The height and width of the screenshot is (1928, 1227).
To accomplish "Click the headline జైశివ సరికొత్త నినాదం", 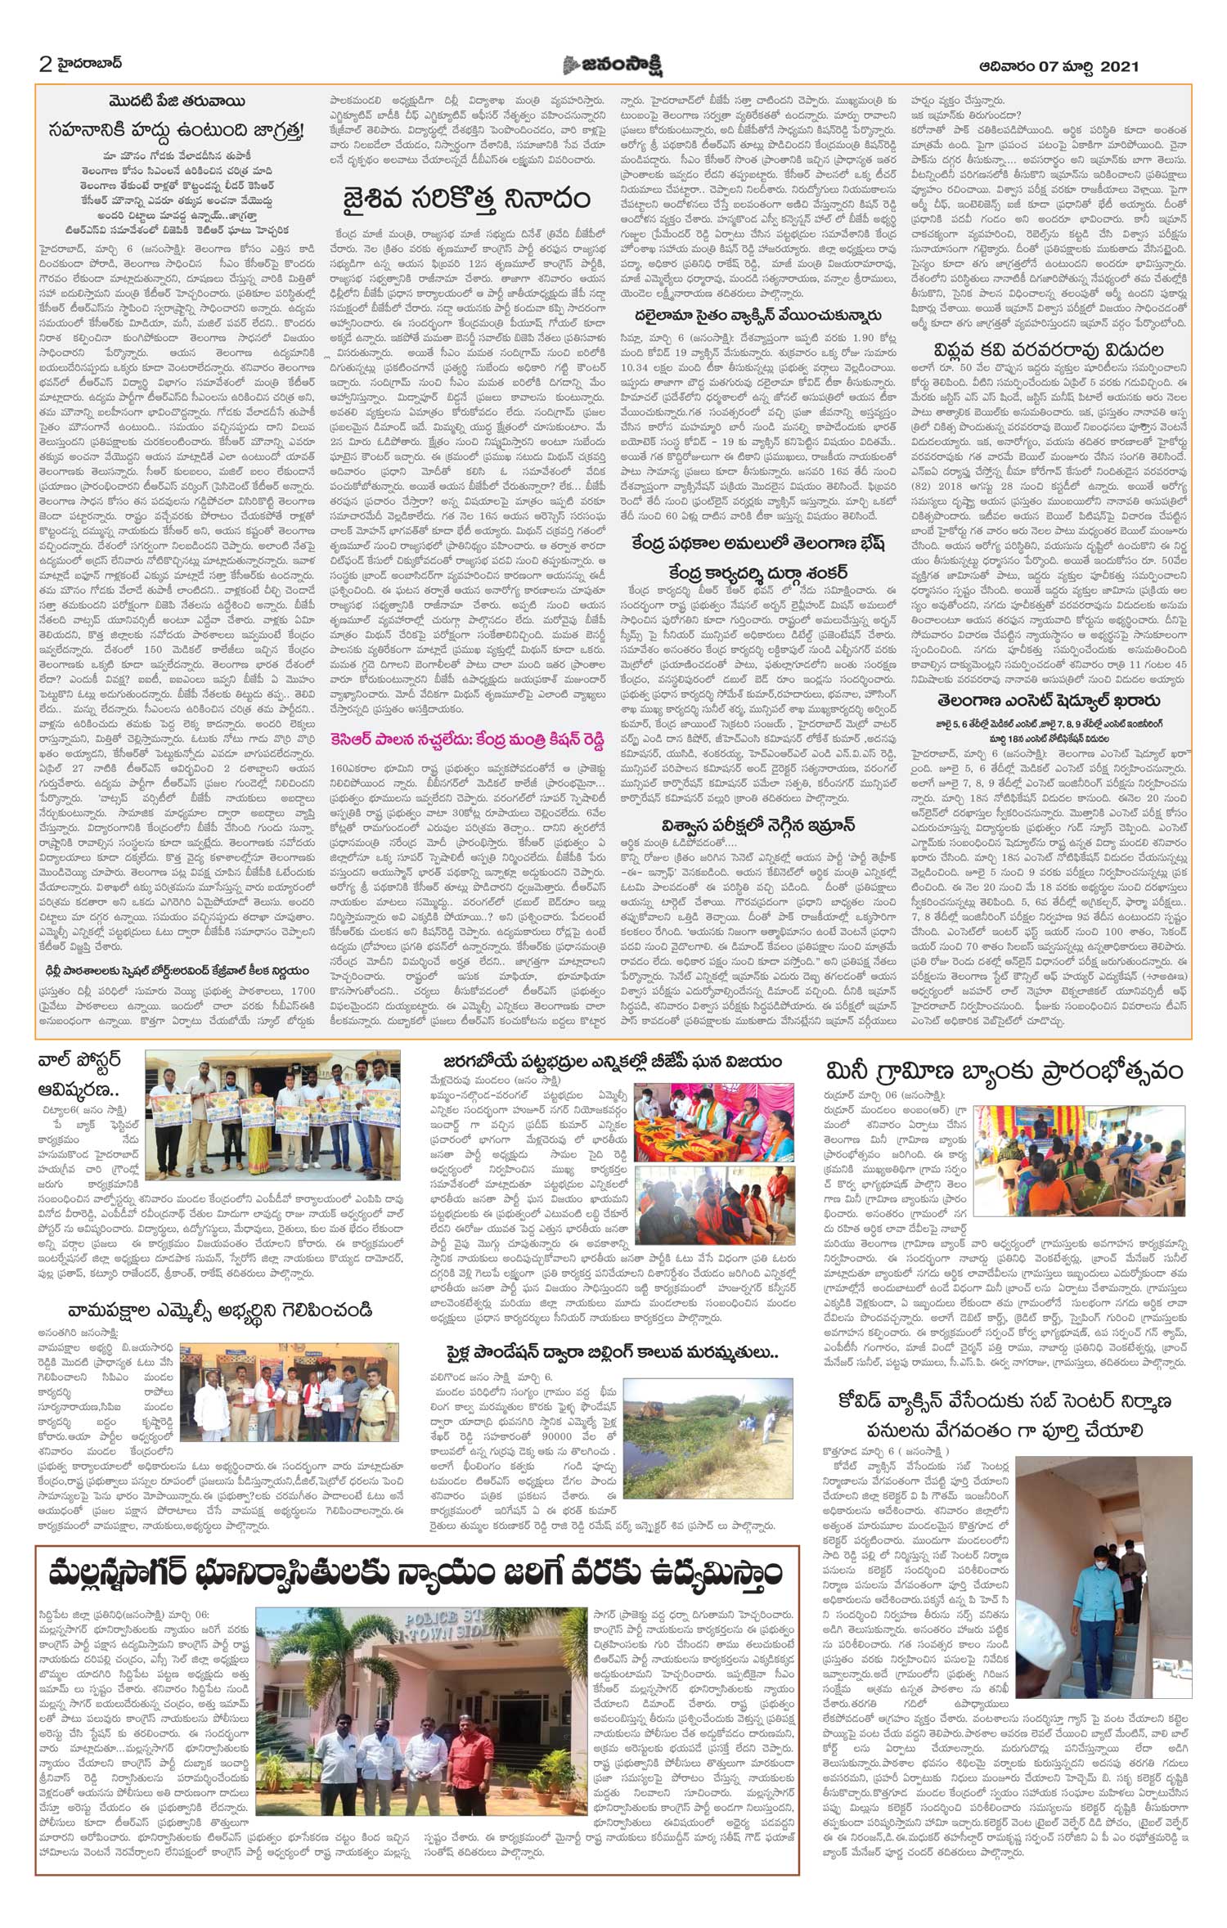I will click(x=466, y=200).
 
